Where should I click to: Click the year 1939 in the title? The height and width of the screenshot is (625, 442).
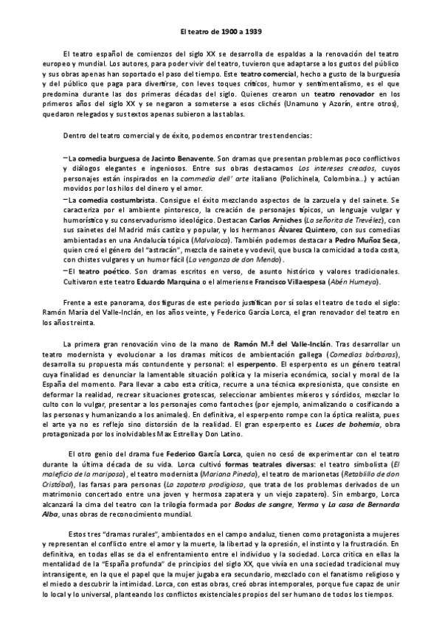coord(250,32)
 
